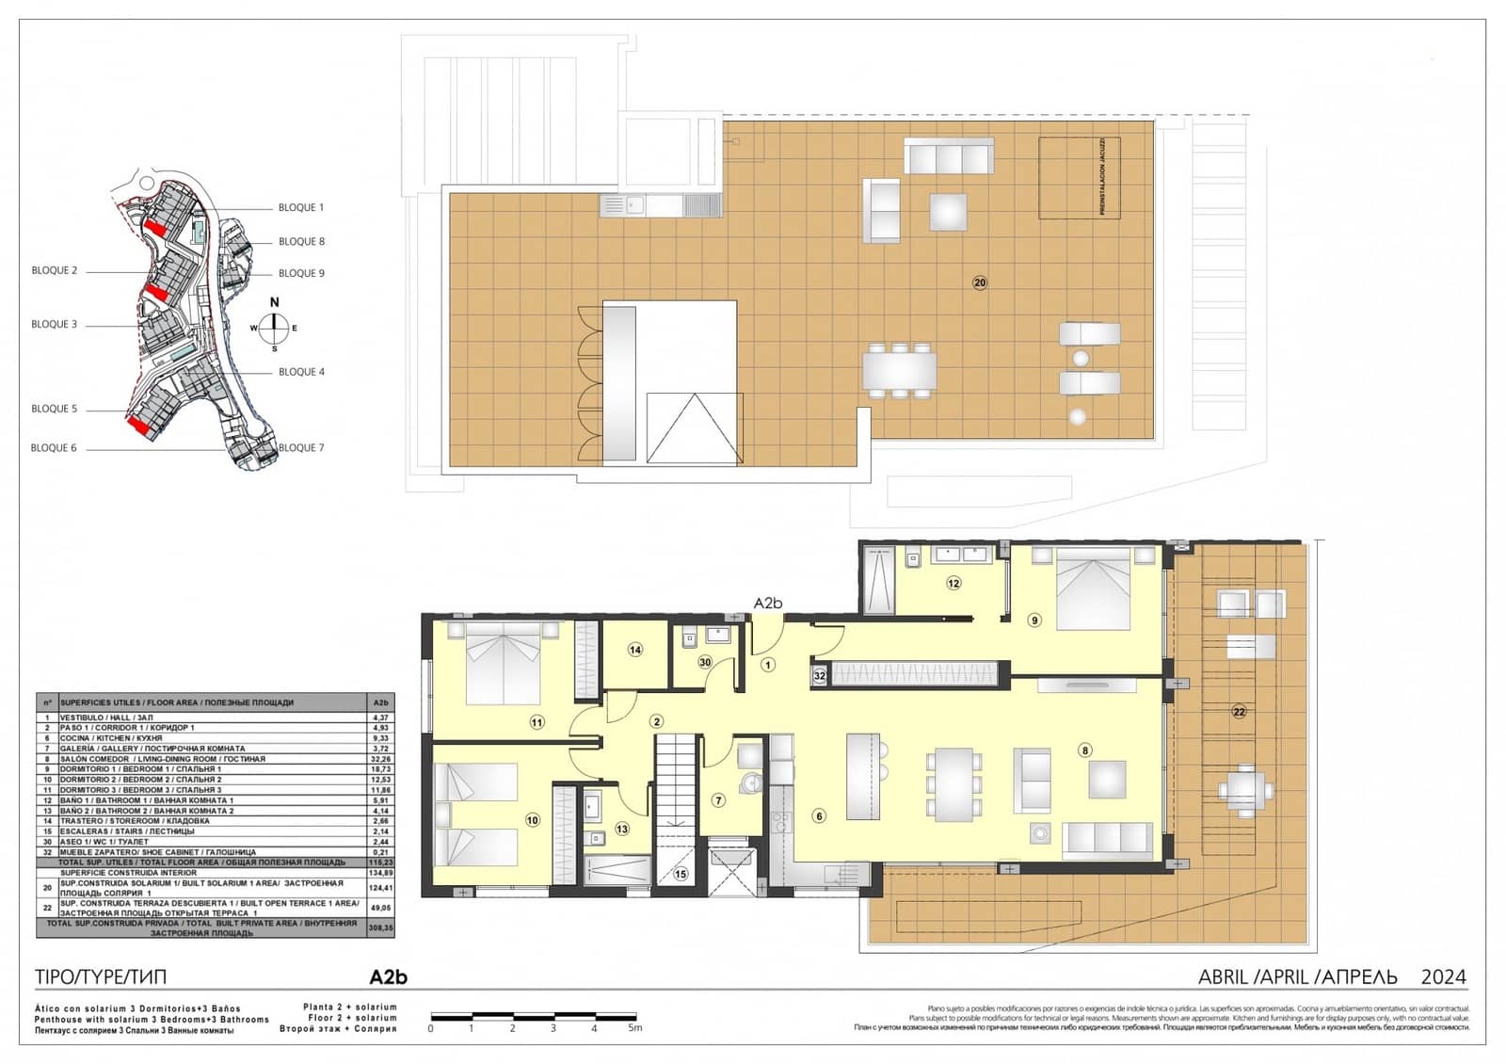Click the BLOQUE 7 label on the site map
301,448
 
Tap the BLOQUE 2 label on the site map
55,270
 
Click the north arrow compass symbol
274,328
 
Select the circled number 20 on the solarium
980,282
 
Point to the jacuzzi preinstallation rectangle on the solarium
1081,178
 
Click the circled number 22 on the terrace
1239,712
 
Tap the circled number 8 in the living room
1085,750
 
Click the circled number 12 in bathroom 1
953,584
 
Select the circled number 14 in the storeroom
635,650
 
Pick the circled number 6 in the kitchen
819,816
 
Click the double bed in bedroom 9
1092,588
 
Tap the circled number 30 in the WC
705,663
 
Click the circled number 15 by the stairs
681,875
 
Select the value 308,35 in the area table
380,927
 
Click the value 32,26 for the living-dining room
380,759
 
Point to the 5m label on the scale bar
634,1028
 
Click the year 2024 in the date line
1443,977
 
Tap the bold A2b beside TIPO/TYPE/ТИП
388,977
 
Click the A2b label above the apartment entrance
768,604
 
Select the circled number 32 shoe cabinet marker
819,675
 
